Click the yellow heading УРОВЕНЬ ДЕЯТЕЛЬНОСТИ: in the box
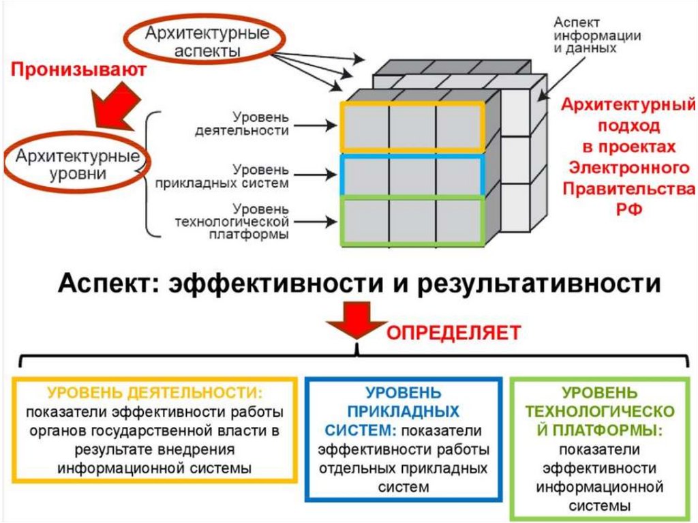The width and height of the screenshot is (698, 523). click(155, 393)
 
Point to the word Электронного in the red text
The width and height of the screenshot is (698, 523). click(628, 167)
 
